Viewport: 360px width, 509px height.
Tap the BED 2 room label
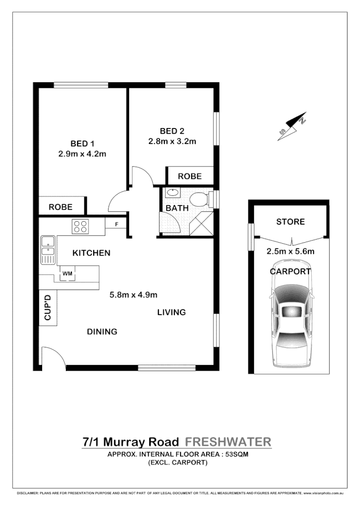pyautogui.click(x=172, y=130)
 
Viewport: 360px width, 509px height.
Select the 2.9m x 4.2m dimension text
pyautogui.click(x=82, y=153)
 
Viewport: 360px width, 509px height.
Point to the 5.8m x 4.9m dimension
pyautogui.click(x=133, y=295)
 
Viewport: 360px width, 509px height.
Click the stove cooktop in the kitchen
pyautogui.click(x=81, y=226)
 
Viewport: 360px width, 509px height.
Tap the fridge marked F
pyautogui.click(x=117, y=224)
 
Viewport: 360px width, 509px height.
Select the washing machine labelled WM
pyautogui.click(x=67, y=274)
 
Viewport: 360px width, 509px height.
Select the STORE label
pyautogui.click(x=291, y=222)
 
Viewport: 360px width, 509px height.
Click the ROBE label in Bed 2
pyautogui.click(x=189, y=176)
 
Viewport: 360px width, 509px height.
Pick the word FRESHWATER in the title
pyautogui.click(x=227, y=442)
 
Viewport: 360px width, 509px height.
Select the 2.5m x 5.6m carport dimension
pyautogui.click(x=291, y=251)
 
